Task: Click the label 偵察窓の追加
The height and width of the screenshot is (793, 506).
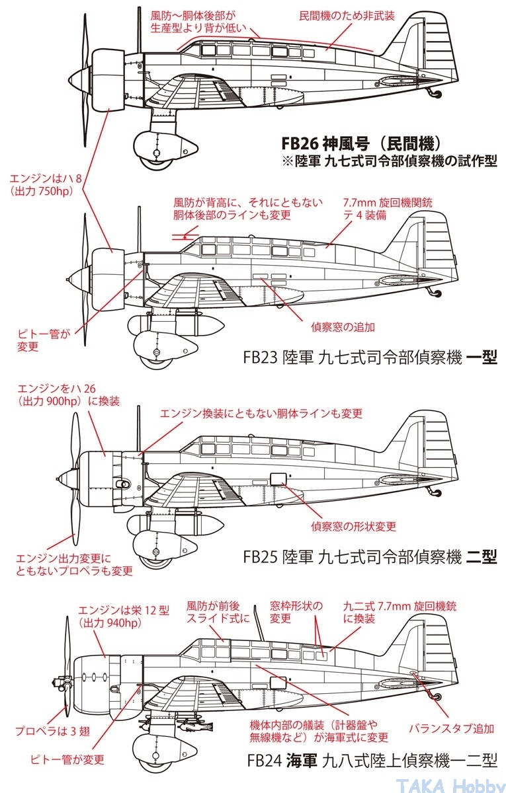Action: coord(343,326)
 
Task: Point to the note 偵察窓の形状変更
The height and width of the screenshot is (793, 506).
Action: coord(353,526)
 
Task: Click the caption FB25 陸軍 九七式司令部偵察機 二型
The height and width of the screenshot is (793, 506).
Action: coord(370,556)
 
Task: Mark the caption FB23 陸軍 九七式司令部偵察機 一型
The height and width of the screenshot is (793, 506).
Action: coord(370,358)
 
